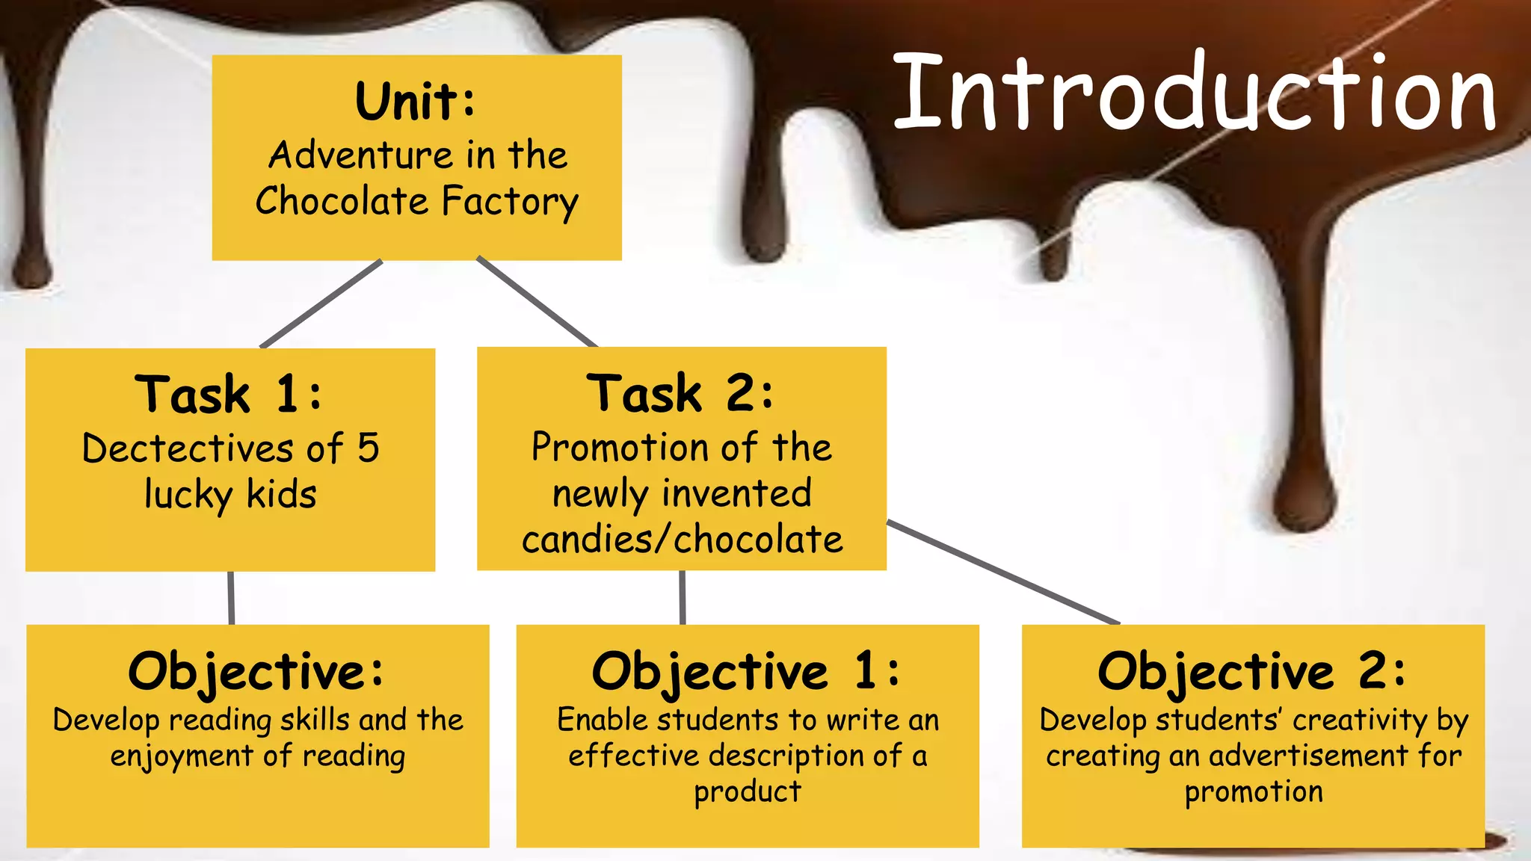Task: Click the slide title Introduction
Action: (x=1194, y=93)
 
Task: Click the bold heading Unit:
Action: (x=416, y=102)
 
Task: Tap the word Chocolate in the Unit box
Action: (x=342, y=201)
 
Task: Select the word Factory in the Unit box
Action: (x=510, y=203)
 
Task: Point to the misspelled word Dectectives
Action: (x=187, y=448)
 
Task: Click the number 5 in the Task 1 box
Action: (x=368, y=448)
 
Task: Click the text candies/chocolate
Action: (x=682, y=540)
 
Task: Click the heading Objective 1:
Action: (x=746, y=671)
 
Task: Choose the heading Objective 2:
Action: (x=1251, y=671)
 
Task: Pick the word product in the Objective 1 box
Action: (x=748, y=792)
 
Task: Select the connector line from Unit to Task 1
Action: (x=321, y=304)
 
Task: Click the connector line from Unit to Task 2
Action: (x=537, y=302)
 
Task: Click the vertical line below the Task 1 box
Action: (x=231, y=598)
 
